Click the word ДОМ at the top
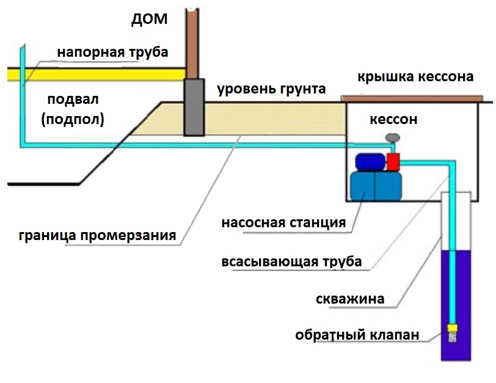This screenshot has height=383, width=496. pyautogui.click(x=148, y=20)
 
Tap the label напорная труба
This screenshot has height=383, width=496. pyautogui.click(x=113, y=53)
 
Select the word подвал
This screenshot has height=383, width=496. pyautogui.click(x=73, y=99)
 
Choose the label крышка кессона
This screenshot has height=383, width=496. pyautogui.click(x=415, y=77)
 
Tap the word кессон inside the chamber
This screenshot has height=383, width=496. pyautogui.click(x=393, y=119)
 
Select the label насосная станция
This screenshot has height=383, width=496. pyautogui.click(x=283, y=222)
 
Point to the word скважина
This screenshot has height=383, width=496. pyautogui.click(x=350, y=299)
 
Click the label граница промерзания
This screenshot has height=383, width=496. pyautogui.click(x=98, y=235)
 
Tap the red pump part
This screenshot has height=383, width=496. pyautogui.click(x=393, y=161)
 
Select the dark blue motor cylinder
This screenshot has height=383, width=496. pyautogui.click(x=370, y=161)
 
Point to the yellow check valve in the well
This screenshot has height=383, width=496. pyautogui.click(x=453, y=329)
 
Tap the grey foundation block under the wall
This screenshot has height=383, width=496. pyautogui.click(x=194, y=108)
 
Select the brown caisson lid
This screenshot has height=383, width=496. pyautogui.click(x=412, y=98)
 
